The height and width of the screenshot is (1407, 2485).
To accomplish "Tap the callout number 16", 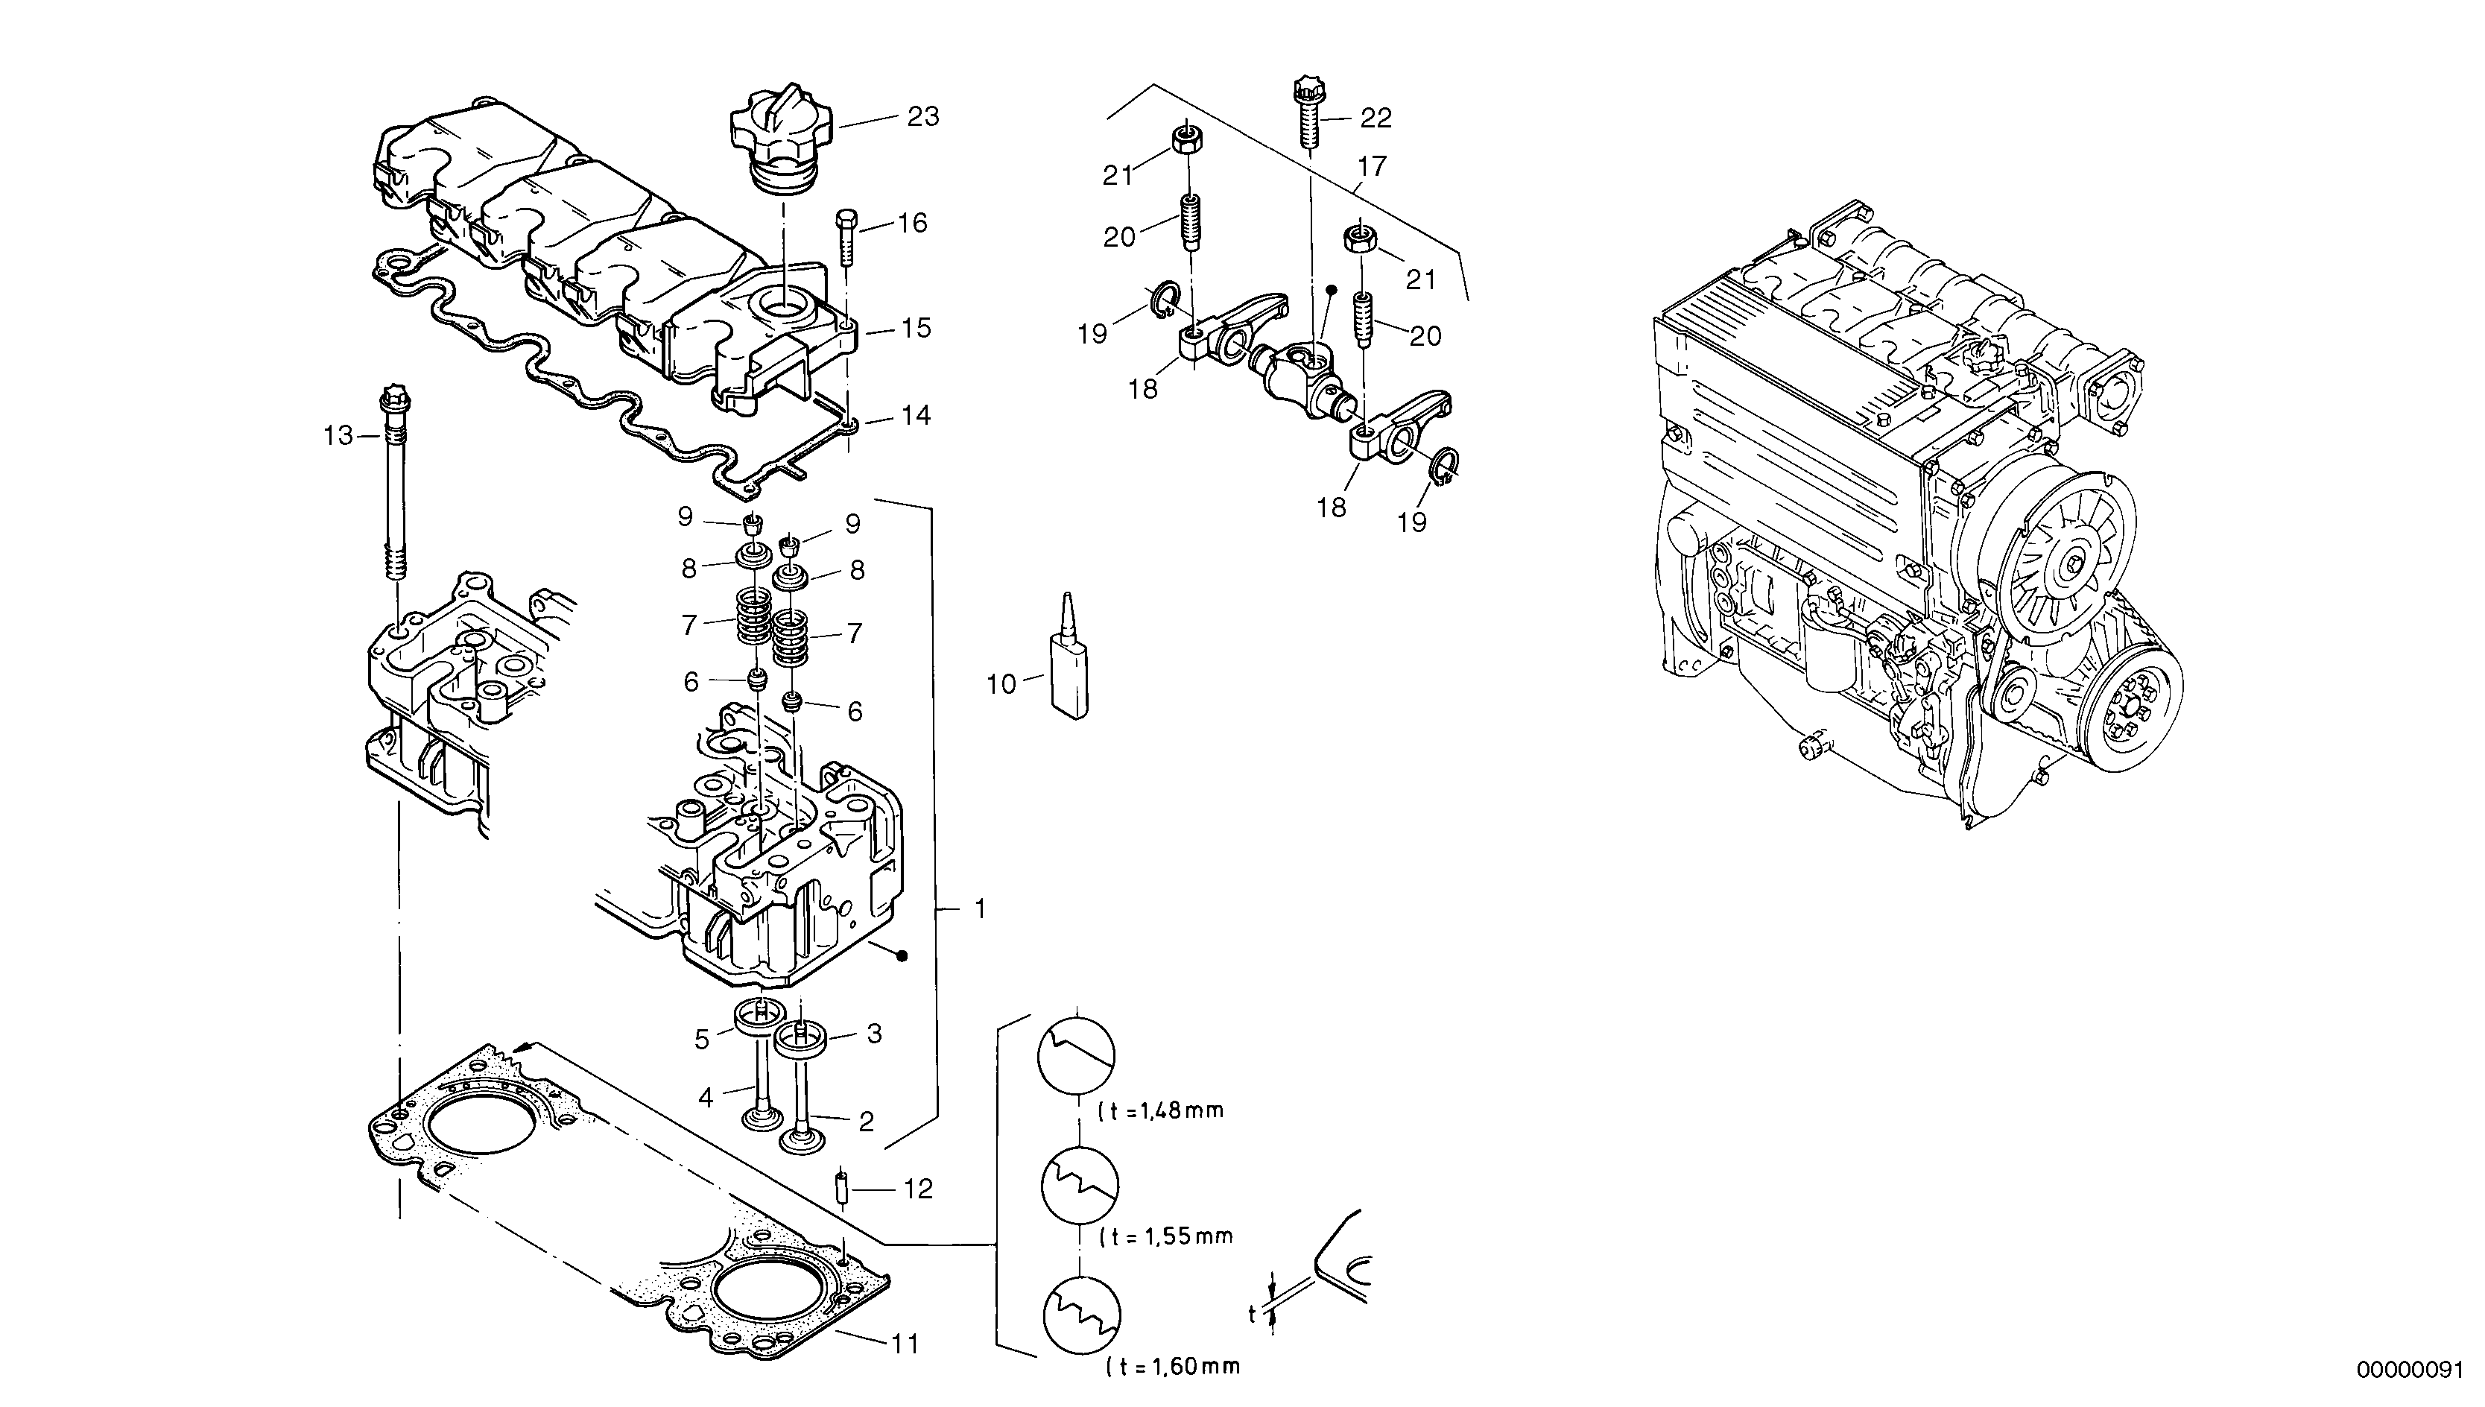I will click(x=912, y=224).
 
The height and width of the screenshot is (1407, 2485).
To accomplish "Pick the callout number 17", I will click(x=1371, y=167).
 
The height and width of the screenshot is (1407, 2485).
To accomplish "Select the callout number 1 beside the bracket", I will click(x=980, y=908).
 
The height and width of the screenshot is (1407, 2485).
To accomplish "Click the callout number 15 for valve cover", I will click(x=916, y=329).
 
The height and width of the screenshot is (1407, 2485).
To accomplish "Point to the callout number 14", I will click(x=916, y=416).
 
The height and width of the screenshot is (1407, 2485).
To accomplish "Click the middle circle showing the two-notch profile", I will click(x=1079, y=1185).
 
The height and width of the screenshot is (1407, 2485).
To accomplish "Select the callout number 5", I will click(x=703, y=1039).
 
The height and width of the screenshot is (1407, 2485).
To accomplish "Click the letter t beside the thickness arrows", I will click(x=1252, y=1315).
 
